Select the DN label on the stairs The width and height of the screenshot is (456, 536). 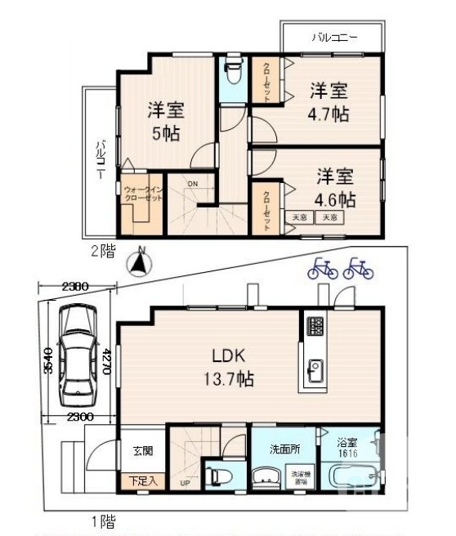point(192,184)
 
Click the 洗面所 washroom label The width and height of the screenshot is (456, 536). point(284,449)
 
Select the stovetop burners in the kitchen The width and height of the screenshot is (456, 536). point(315,327)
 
